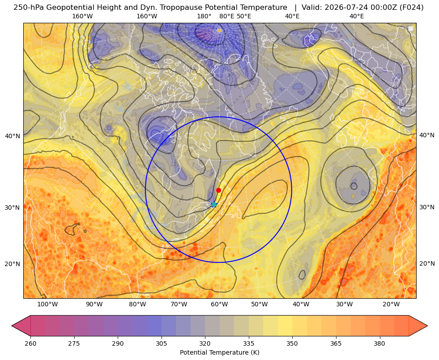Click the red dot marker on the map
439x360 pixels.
pos(218,190)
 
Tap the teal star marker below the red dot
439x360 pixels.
pos(214,204)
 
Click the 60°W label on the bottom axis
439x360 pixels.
pos(219,304)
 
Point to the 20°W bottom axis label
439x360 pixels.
pos(391,304)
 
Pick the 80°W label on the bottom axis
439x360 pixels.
pos(137,304)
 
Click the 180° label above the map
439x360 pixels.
pos(204,16)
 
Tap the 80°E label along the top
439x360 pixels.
pos(226,16)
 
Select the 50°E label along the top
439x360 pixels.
pos(244,16)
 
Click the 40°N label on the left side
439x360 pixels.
pos(13,136)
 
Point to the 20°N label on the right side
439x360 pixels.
pos(427,263)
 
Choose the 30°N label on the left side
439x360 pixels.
pos(13,208)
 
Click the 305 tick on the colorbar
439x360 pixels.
pos(161,343)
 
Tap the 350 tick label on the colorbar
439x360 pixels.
pos(292,343)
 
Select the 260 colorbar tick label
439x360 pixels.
pos(30,343)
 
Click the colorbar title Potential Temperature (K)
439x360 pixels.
pos(219,352)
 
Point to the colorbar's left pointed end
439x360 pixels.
pos(12,326)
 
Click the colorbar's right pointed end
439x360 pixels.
pos(427,326)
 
